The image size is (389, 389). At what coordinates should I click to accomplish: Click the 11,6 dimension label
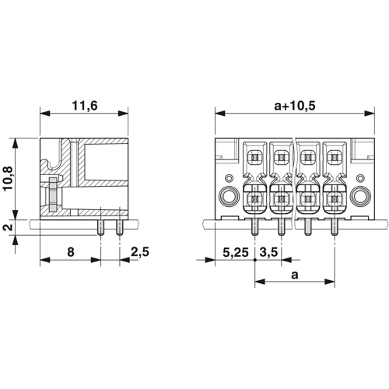[x=85, y=106]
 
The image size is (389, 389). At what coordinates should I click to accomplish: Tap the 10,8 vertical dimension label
[x=9, y=179]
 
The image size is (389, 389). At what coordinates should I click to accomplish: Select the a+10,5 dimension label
[x=295, y=106]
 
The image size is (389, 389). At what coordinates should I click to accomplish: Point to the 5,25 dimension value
[x=236, y=252]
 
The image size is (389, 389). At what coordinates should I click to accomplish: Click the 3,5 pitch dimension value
[x=268, y=252]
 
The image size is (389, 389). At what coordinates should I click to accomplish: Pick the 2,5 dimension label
[x=140, y=252]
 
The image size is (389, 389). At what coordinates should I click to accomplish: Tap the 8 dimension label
[x=71, y=252]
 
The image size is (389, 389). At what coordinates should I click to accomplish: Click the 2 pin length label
[x=9, y=227]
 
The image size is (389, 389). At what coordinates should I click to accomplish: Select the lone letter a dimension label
[x=295, y=275]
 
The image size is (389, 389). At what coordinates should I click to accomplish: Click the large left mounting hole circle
[x=229, y=196]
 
